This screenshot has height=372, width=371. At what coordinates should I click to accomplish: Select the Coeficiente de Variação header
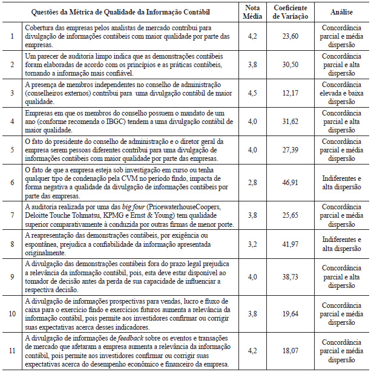(x=298, y=11)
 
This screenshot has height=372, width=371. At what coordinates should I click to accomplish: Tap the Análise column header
(x=342, y=11)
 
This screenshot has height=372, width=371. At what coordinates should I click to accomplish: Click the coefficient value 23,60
(x=298, y=36)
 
